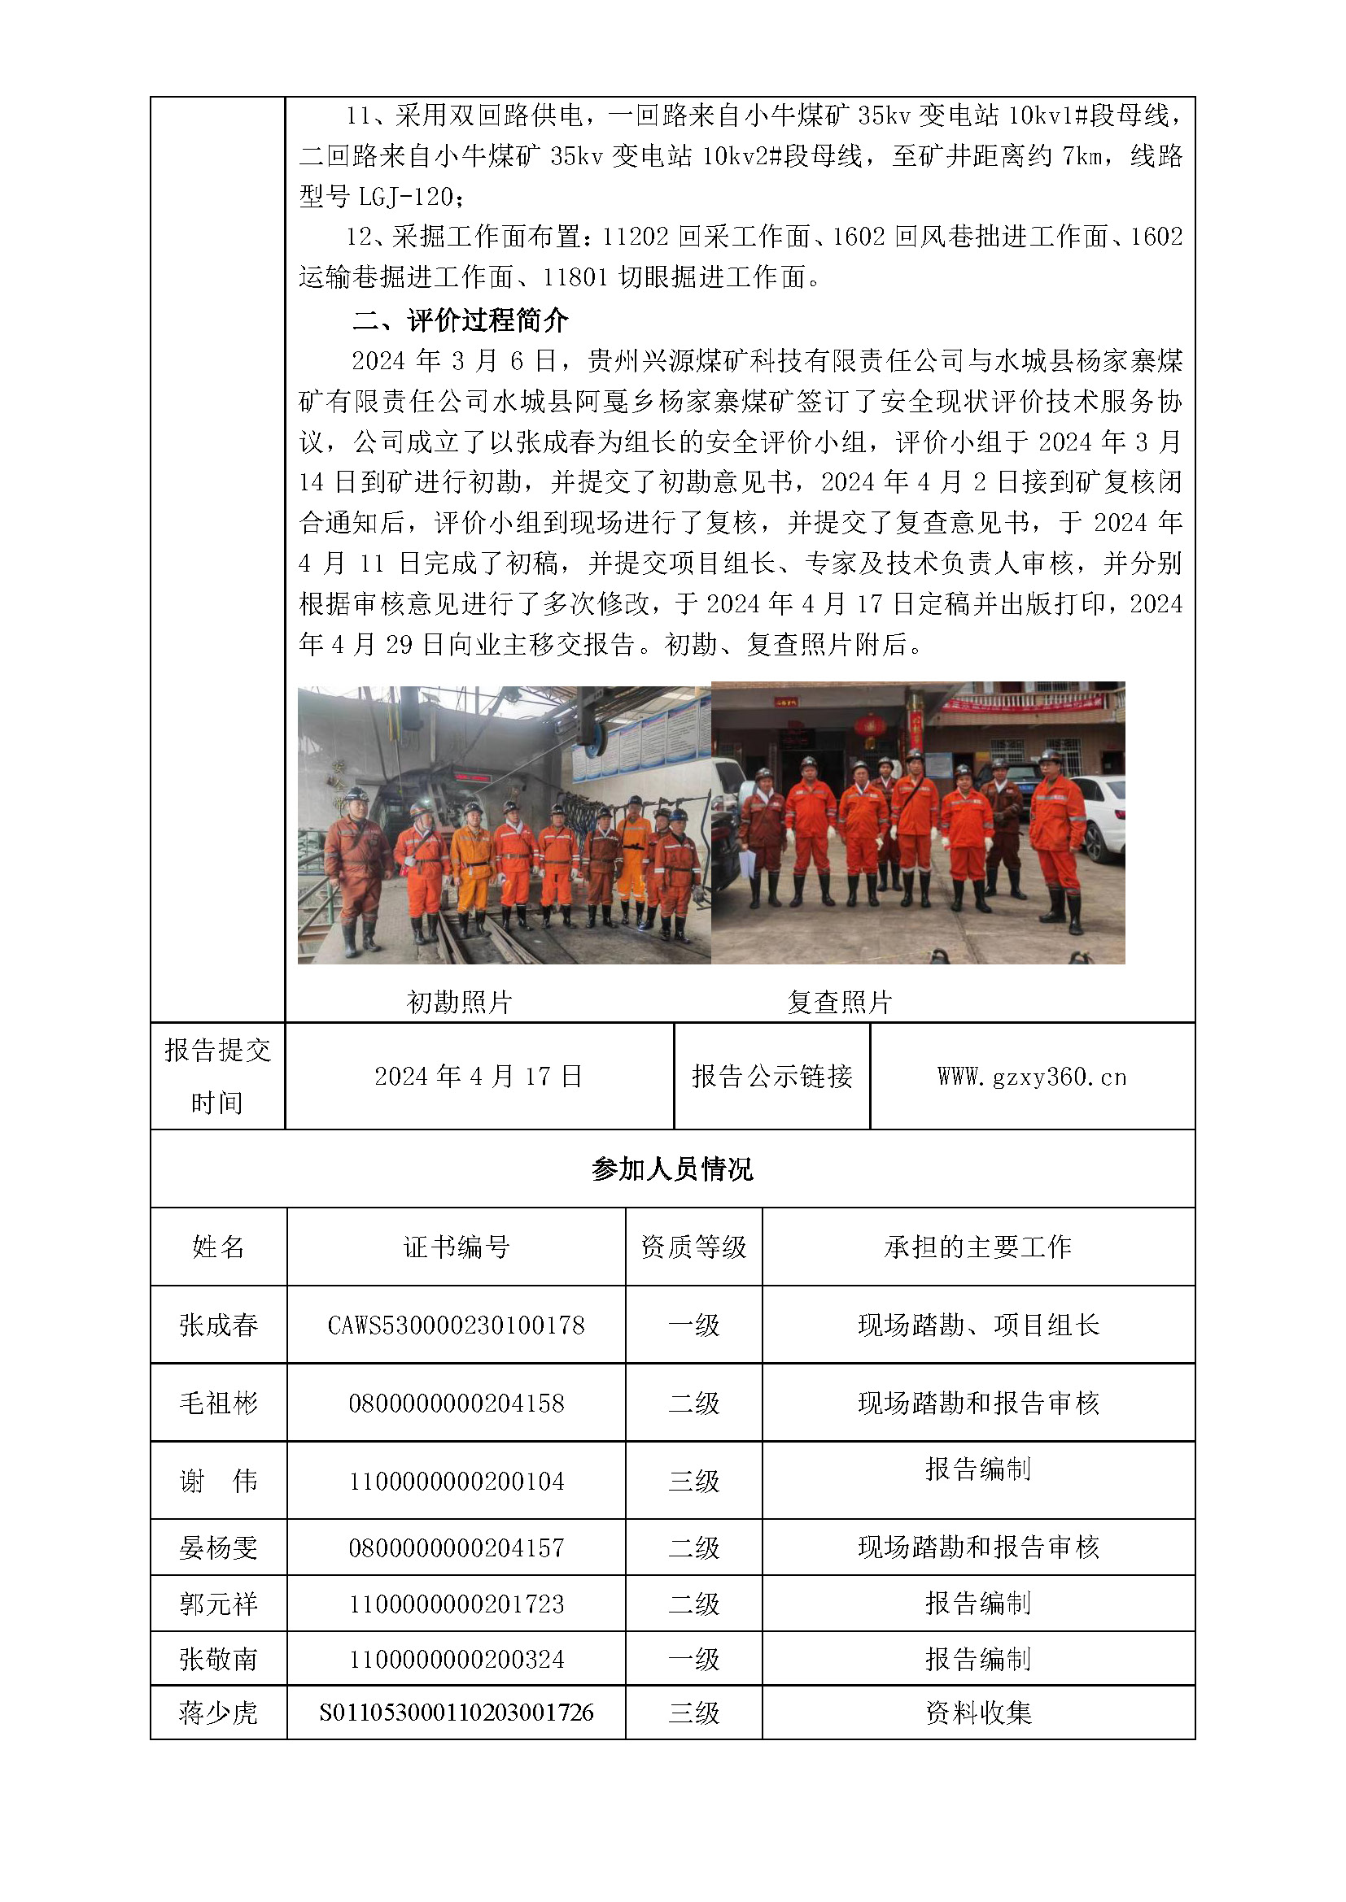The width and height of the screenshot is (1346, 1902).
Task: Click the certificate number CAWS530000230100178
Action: pyautogui.click(x=456, y=1325)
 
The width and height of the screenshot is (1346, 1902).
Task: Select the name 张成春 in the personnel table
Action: pyautogui.click(x=219, y=1325)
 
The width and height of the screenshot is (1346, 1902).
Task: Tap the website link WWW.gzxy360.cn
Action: pyautogui.click(x=1032, y=1077)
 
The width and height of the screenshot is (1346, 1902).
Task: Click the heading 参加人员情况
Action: pyautogui.click(x=672, y=1169)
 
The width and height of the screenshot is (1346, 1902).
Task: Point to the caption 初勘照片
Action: pyautogui.click(x=459, y=1003)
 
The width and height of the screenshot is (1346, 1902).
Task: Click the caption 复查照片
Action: pyautogui.click(x=839, y=1003)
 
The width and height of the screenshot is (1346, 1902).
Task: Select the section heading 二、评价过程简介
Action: pyautogui.click(x=461, y=320)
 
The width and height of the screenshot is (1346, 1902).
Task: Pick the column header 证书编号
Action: pyautogui.click(x=456, y=1247)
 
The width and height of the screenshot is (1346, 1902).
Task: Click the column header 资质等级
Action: pyautogui.click(x=693, y=1247)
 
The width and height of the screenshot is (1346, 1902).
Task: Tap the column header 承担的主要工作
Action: pyautogui.click(x=978, y=1247)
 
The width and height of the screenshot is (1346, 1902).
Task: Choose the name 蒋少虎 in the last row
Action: pyautogui.click(x=219, y=1713)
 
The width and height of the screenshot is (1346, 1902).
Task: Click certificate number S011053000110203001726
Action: pyautogui.click(x=456, y=1713)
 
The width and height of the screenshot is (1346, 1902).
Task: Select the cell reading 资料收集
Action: pyautogui.click(x=978, y=1713)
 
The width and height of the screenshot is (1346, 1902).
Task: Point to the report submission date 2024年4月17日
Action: pyautogui.click(x=479, y=1077)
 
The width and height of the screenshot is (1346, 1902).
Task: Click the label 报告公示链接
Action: pyautogui.click(x=771, y=1077)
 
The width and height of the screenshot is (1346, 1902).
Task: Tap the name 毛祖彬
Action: pyautogui.click(x=219, y=1404)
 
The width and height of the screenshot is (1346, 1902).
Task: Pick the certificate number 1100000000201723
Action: pyautogui.click(x=456, y=1604)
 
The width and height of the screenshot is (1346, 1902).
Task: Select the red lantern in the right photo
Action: pyautogui.click(x=869, y=728)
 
